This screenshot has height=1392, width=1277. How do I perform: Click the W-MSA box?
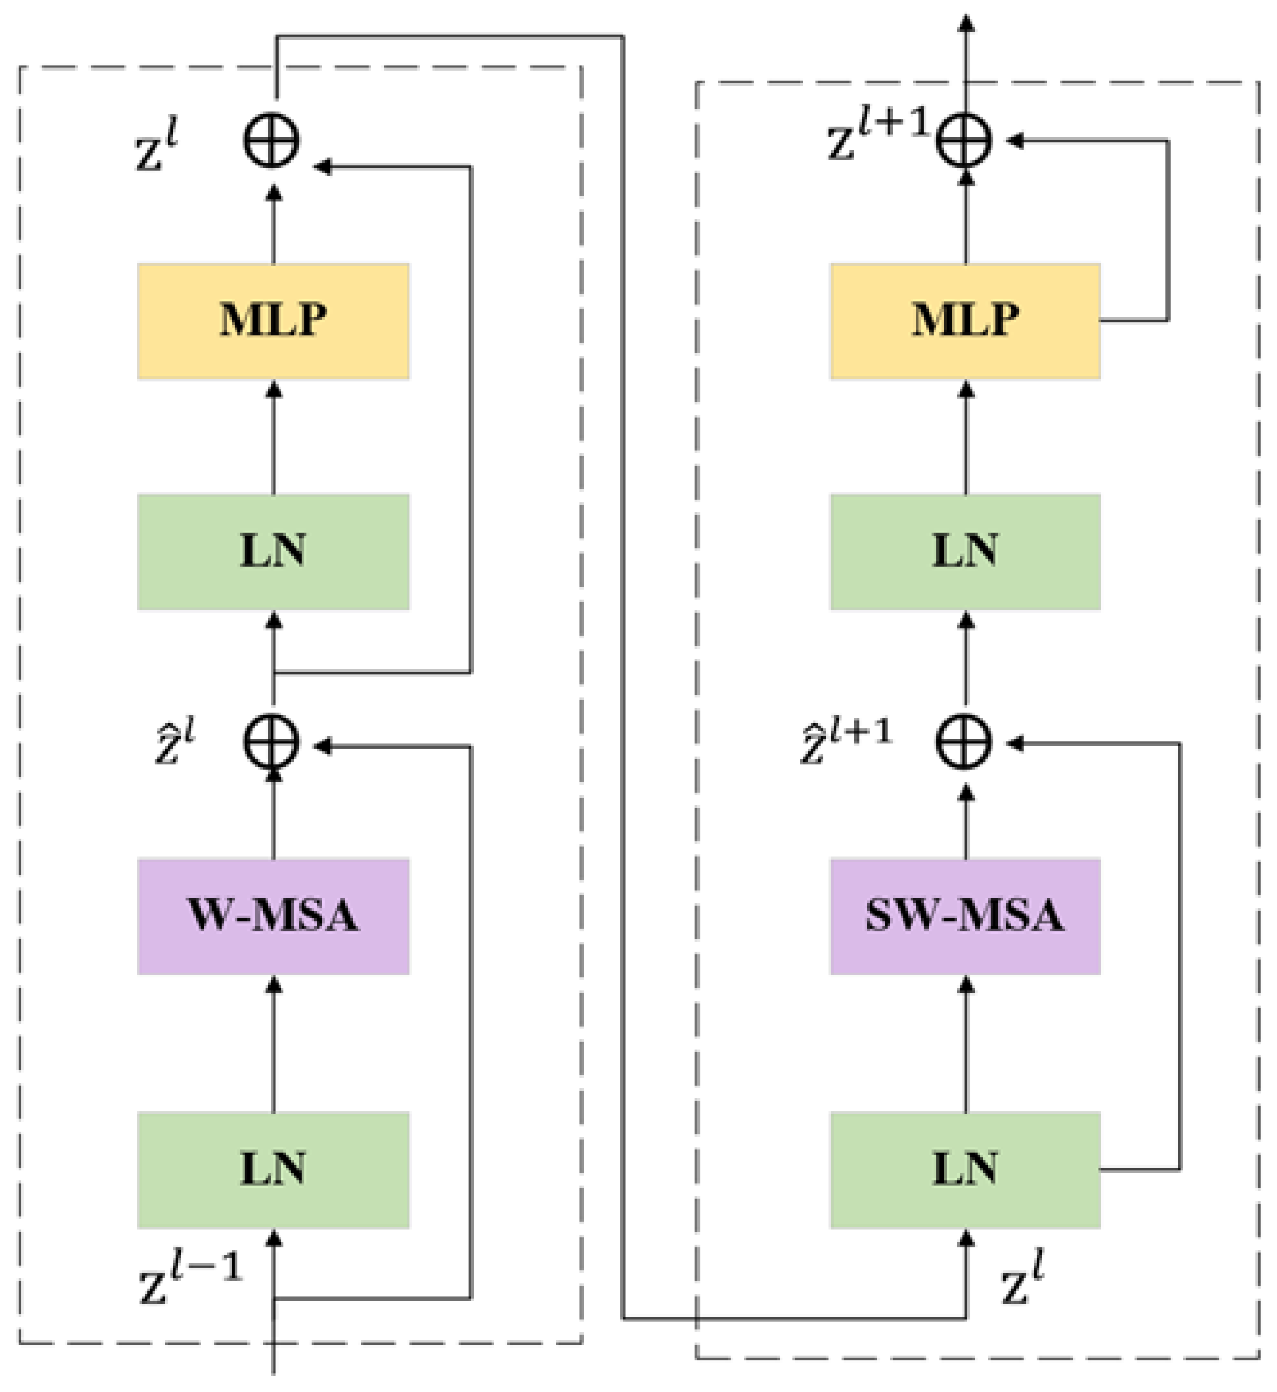coord(273,916)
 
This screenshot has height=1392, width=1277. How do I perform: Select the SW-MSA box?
coord(964,916)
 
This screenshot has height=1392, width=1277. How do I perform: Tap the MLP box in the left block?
coord(273,320)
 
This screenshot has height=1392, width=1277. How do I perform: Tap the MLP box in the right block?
coord(964,320)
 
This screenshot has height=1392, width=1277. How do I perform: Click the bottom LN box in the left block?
coord(273,1170)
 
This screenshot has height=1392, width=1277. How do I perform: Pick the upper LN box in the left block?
coord(273,551)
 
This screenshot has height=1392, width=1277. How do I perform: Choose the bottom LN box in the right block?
coord(964,1170)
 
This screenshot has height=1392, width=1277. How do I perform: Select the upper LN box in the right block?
coord(964,551)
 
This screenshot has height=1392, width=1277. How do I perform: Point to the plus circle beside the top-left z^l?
coord(272,140)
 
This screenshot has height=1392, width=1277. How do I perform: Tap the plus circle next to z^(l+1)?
coord(964,140)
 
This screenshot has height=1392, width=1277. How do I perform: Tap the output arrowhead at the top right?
coord(967,24)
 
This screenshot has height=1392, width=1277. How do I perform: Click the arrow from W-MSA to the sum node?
coord(274,815)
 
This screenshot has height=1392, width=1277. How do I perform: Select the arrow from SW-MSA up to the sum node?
coord(966,822)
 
